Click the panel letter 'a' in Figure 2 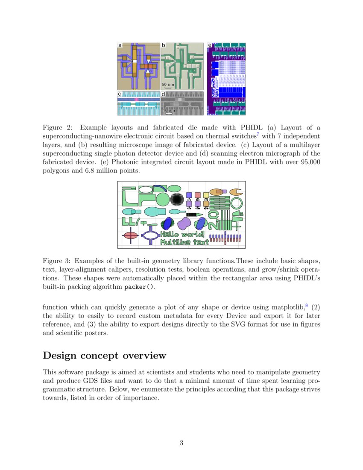pyautogui.click(x=120, y=45)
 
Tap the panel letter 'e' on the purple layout pyautogui.click(x=209, y=45)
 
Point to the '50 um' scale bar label pyautogui.click(x=168, y=85)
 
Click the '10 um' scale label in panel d pyautogui.click(x=168, y=111)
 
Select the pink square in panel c pyautogui.click(x=136, y=99)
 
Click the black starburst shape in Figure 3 pyautogui.click(x=177, y=199)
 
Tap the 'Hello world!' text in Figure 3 pyautogui.click(x=182, y=234)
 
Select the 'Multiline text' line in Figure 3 pyautogui.click(x=184, y=242)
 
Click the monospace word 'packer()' pyautogui.click(x=138, y=287)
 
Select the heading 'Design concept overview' pyautogui.click(x=105, y=355)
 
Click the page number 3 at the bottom pyautogui.click(x=181, y=443)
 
